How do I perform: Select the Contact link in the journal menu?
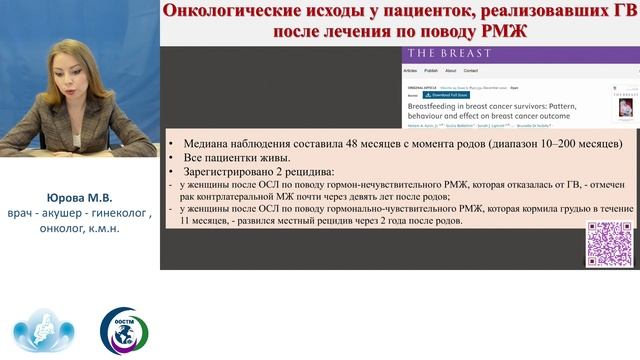(x=471, y=72)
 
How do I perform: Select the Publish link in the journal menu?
(x=431, y=72)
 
